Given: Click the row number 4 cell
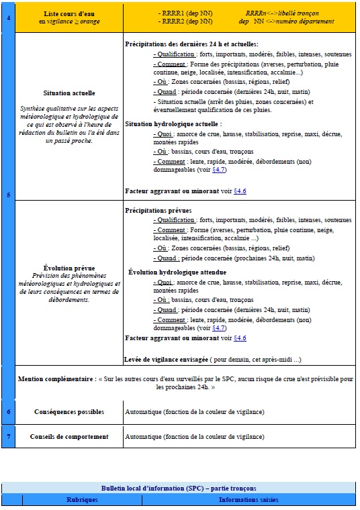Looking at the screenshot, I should coord(7,17).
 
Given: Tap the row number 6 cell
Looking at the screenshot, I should coord(7,411).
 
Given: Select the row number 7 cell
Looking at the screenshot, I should coord(7,436).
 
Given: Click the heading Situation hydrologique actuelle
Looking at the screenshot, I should coord(173,124).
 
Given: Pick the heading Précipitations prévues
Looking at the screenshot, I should coord(159,210).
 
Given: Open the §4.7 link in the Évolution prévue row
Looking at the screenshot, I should coord(219,327).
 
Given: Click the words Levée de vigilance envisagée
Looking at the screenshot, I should coord(166,358).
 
